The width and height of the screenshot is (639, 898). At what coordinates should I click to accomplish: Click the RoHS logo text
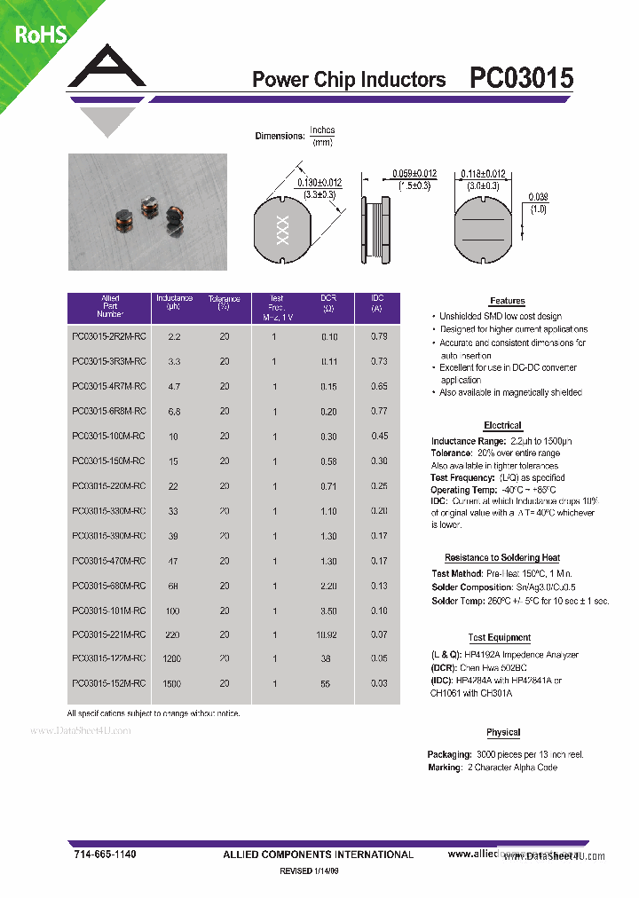pyautogui.click(x=40, y=35)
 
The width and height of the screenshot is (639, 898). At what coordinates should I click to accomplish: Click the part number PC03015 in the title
pyautogui.click(x=521, y=79)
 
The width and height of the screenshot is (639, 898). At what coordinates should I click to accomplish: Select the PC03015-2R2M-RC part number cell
pyautogui.click(x=108, y=337)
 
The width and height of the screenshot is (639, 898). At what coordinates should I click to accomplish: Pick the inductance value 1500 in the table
pyautogui.click(x=172, y=685)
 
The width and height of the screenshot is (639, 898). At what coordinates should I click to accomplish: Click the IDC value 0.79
pyautogui.click(x=378, y=336)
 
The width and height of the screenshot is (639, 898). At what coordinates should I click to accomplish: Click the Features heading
pyautogui.click(x=507, y=301)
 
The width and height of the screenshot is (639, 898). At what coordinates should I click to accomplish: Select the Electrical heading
pyautogui.click(x=502, y=425)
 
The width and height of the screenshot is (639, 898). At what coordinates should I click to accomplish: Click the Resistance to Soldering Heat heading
pyautogui.click(x=502, y=557)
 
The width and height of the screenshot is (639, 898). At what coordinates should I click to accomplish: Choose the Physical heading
pyautogui.click(x=503, y=732)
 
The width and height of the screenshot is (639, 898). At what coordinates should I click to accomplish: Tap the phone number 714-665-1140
pyautogui.click(x=105, y=854)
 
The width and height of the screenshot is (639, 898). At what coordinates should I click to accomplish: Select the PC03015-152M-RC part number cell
pyautogui.click(x=108, y=685)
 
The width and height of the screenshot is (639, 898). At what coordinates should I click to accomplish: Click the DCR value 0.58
pyautogui.click(x=329, y=461)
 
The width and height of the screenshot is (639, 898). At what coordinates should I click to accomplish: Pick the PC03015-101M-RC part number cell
pyautogui.click(x=108, y=610)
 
